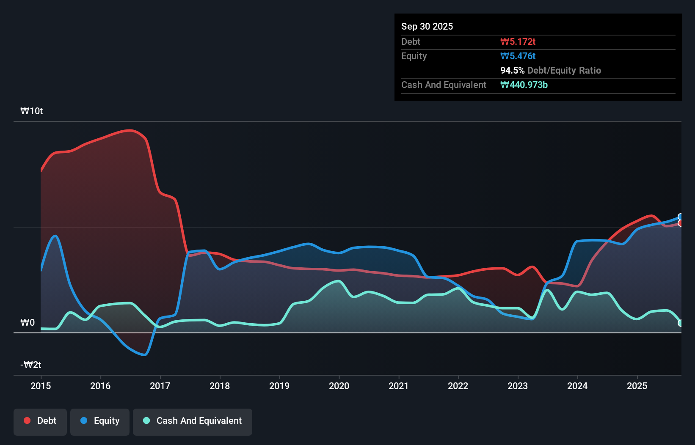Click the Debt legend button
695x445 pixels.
pyautogui.click(x=40, y=421)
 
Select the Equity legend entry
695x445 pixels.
pyautogui.click(x=100, y=421)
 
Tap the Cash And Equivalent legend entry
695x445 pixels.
pyautogui.click(x=193, y=421)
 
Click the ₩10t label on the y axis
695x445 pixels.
pyautogui.click(x=32, y=111)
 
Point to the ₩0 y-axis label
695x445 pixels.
pyautogui.click(x=28, y=323)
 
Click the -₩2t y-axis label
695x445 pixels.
pyautogui.click(x=31, y=365)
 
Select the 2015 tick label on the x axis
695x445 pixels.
pyautogui.click(x=41, y=386)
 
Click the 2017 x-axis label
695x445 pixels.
pyautogui.click(x=160, y=386)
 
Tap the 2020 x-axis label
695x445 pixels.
pyautogui.click(x=339, y=386)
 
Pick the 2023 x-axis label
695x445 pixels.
pyautogui.click(x=518, y=386)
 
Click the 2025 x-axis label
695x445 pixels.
pyautogui.click(x=637, y=386)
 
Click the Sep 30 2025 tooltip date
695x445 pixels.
pyautogui.click(x=427, y=27)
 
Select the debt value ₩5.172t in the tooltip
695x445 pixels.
pyautogui.click(x=518, y=42)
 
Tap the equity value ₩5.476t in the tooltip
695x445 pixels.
pyautogui.click(x=518, y=56)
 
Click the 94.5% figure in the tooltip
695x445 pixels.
pyautogui.click(x=512, y=71)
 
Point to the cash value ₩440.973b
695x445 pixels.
pyautogui.click(x=524, y=85)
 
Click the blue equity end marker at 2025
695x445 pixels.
pyautogui.click(x=681, y=217)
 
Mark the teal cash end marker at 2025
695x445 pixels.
pyautogui.click(x=681, y=323)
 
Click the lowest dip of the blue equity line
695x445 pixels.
pyautogui.click(x=144, y=354)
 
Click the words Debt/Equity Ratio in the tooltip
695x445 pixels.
pyautogui.click(x=564, y=71)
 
